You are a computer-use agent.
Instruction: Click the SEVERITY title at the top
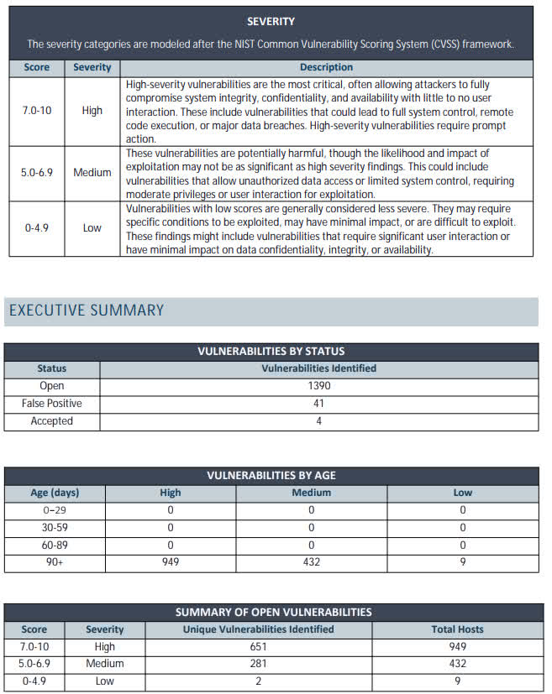tap(271, 21)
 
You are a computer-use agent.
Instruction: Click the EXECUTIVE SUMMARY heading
tap(87, 310)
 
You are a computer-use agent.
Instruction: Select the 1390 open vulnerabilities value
tap(318, 386)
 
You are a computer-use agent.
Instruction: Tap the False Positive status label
tap(52, 404)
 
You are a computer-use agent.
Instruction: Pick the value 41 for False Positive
tap(318, 404)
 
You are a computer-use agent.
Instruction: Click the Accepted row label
tap(52, 421)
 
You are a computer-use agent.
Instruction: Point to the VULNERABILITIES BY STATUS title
tap(271, 352)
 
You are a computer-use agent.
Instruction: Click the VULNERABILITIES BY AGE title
tap(271, 476)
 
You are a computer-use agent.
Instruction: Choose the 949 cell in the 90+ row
tap(170, 562)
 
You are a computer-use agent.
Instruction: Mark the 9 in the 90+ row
tap(462, 562)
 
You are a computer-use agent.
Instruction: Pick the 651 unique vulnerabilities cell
tap(258, 647)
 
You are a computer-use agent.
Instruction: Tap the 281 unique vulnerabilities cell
tap(258, 664)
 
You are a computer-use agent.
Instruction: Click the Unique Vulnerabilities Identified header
tap(258, 629)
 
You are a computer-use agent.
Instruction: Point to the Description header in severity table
tap(326, 67)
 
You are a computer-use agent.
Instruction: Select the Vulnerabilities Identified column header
tap(318, 368)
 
